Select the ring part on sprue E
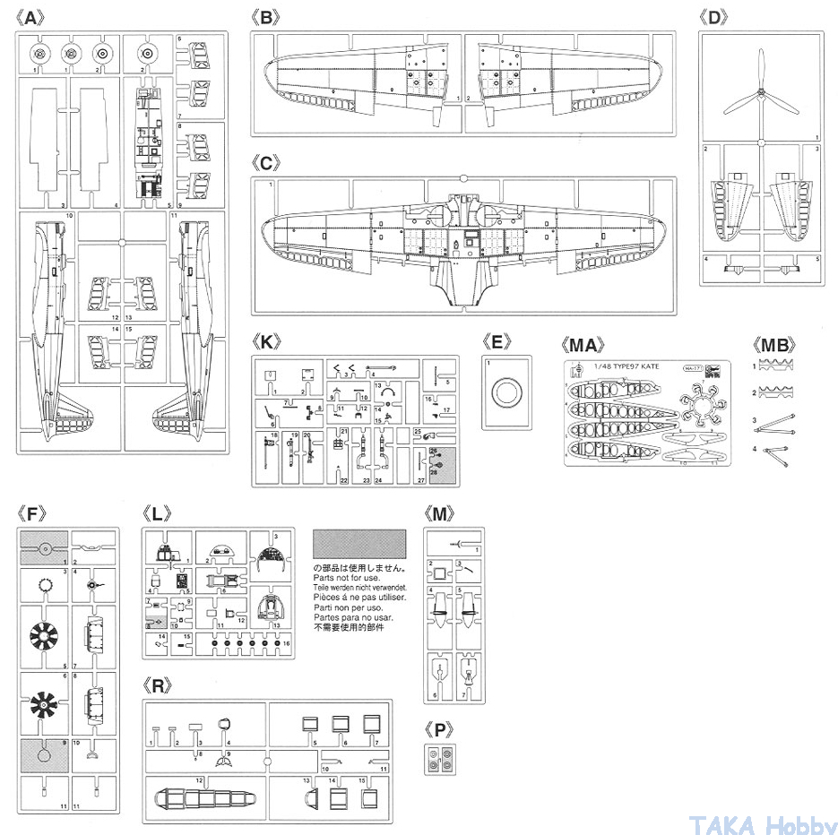pos(505,392)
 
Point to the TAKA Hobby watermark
pos(762,823)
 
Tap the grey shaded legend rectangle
pos(359,544)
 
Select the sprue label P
pos(439,730)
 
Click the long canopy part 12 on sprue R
pos(202,799)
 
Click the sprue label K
pos(267,342)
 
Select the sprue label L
pos(157,514)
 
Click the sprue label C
pos(267,163)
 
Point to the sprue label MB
pos(774,343)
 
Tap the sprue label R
pos(158,686)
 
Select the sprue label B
pos(266,18)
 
